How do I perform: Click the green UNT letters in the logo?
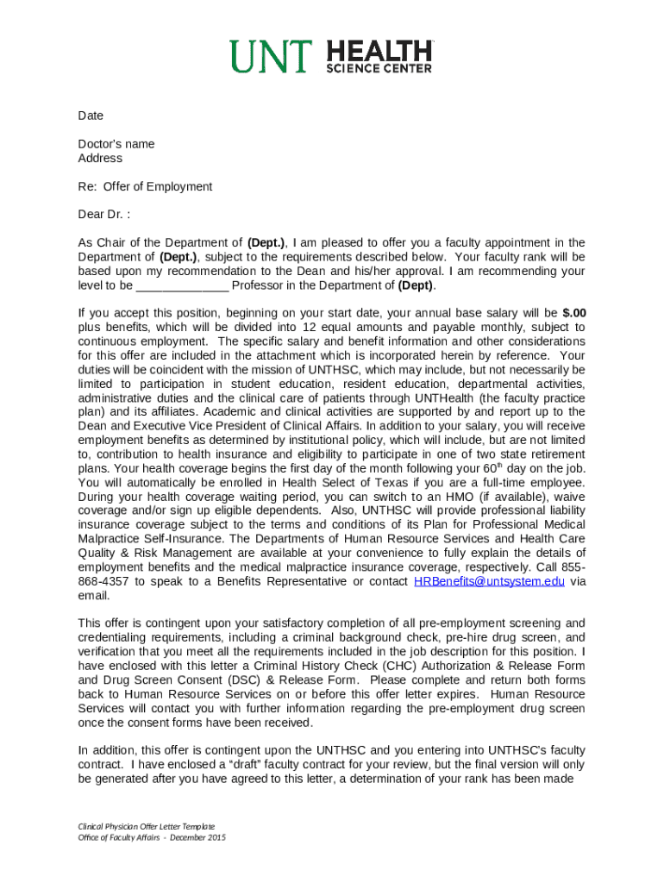[x=272, y=57]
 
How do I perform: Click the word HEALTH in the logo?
[x=379, y=51]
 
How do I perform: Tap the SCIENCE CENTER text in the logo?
[x=379, y=69]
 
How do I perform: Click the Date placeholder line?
[x=91, y=116]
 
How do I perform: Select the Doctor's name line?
[x=116, y=144]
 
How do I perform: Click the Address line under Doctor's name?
[x=100, y=158]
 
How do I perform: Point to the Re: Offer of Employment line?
[x=145, y=186]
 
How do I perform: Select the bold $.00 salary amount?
[x=573, y=313]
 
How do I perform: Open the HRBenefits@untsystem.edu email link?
[x=489, y=581]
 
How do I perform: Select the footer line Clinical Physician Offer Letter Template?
[x=146, y=826]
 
